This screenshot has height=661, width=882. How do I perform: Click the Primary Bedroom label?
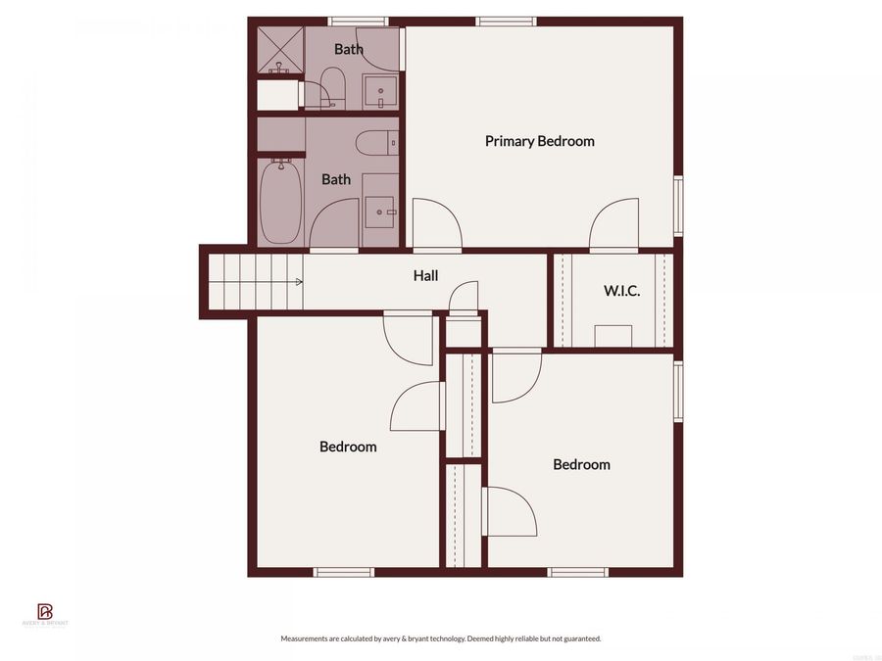coord(539,141)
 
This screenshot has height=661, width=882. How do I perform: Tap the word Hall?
coord(425,276)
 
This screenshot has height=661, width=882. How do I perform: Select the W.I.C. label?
coord(621,290)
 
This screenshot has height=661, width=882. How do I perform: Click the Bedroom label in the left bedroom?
coord(348,447)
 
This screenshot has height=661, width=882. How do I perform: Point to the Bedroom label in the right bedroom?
coord(581,464)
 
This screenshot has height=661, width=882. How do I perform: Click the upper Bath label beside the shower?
coord(348,49)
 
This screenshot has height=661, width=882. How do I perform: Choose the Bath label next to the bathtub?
coord(336,179)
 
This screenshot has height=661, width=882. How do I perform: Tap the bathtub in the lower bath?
coord(280,202)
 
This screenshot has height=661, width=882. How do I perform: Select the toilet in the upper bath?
coord(331,87)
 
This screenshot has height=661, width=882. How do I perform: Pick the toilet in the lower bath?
coord(376,143)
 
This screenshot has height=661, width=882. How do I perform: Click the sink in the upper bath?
coord(380,92)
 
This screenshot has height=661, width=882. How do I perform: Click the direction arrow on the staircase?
coord(299,282)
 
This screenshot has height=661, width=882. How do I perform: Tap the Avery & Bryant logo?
coord(45,615)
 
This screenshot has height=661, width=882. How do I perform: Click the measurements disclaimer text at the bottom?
coord(441,638)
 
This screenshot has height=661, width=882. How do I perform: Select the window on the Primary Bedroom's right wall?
coord(678,206)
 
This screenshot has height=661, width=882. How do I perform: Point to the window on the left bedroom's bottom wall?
coord(343,572)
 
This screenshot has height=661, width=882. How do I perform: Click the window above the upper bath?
coord(358,21)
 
